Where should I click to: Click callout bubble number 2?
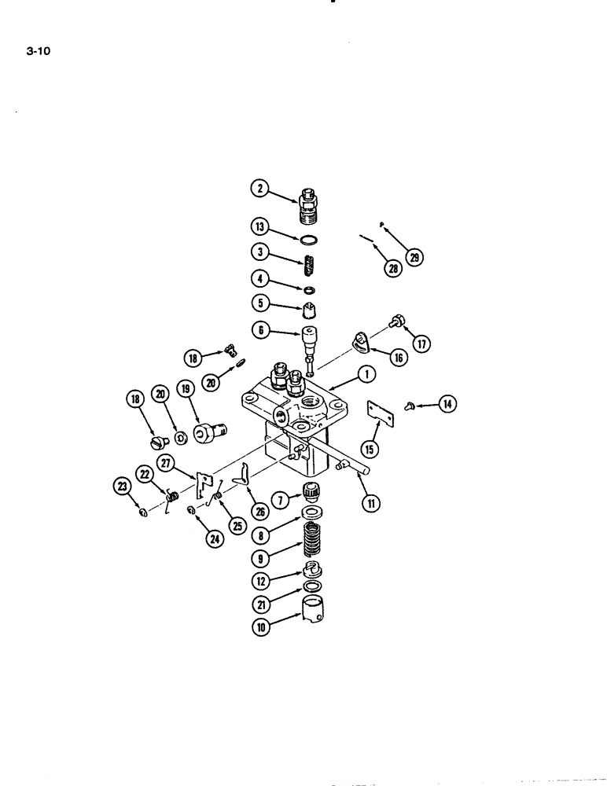pyautogui.click(x=259, y=188)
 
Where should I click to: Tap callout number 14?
pyautogui.click(x=447, y=405)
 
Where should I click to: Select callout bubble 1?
pyautogui.click(x=366, y=376)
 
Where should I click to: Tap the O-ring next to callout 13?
pyautogui.click(x=310, y=241)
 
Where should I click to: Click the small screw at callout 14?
pyautogui.click(x=410, y=405)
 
